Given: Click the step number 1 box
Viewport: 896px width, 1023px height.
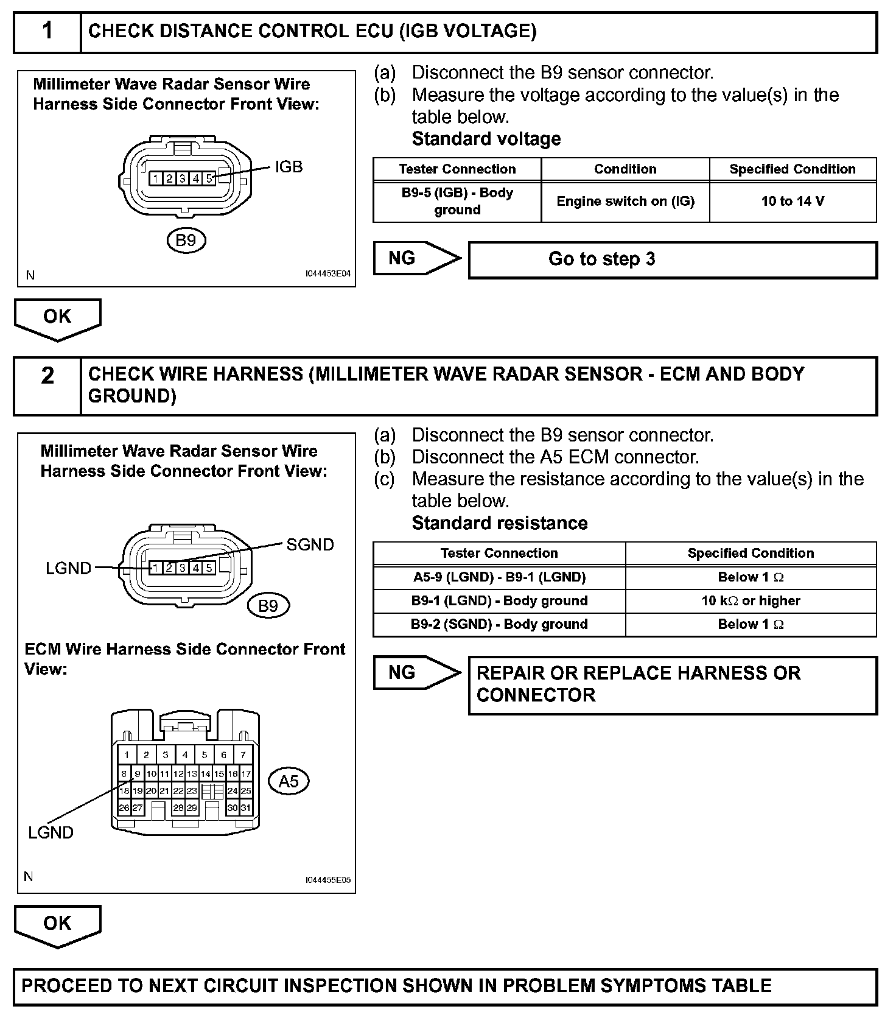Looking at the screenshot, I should click(x=47, y=32).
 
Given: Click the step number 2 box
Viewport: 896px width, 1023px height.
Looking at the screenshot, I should click(x=47, y=386).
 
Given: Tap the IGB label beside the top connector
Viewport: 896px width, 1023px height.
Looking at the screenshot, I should click(x=289, y=167).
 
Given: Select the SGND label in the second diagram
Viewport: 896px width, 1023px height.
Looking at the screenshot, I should click(x=310, y=544).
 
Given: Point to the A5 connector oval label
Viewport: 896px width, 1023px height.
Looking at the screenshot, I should click(x=289, y=781).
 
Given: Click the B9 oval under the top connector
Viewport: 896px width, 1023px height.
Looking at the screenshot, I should click(x=186, y=241).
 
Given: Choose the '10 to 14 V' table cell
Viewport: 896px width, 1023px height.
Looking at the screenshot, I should click(x=793, y=202).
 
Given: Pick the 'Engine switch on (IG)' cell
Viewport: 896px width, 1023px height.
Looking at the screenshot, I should click(x=625, y=202).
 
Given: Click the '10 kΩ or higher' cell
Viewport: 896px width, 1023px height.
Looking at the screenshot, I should click(x=751, y=601).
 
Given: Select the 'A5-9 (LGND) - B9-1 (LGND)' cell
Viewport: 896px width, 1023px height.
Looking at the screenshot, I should click(x=499, y=577).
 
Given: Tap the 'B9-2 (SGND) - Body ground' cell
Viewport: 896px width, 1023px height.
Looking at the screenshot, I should click(x=499, y=624).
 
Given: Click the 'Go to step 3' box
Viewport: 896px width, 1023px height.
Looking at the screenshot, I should click(x=673, y=259).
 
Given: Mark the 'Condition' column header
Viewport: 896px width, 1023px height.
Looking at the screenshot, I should click(x=625, y=169).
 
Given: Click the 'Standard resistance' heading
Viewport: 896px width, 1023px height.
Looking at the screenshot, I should click(x=500, y=523).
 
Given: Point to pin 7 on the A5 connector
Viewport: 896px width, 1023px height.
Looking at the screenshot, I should click(x=243, y=754).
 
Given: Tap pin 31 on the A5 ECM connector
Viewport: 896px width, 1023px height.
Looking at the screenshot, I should click(x=246, y=808).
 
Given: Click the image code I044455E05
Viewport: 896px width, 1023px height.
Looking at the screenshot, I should click(x=327, y=880).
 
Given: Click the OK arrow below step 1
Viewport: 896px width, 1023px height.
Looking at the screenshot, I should click(x=57, y=318).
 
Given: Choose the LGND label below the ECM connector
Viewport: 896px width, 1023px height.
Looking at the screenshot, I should click(x=51, y=832).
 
